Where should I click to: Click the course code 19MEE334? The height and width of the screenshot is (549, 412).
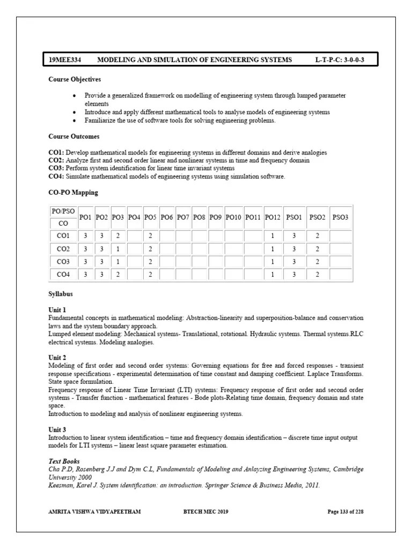63,60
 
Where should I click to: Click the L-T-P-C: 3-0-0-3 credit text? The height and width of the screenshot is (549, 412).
340,60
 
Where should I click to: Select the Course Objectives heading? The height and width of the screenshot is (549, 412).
75,79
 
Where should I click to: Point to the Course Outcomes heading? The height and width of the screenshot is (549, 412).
73,137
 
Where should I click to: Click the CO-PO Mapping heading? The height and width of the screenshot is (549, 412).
73,192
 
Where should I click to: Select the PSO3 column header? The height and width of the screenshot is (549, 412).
340,217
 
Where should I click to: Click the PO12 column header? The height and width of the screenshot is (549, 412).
273,217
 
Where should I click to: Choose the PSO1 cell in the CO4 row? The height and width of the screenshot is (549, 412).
294,274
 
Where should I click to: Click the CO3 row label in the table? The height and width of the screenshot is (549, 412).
63,262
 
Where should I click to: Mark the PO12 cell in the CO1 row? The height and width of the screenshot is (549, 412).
273,236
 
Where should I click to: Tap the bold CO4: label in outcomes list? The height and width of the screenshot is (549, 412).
56,176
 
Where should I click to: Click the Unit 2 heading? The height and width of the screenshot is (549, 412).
57,357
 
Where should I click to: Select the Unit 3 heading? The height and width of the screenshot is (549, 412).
57,430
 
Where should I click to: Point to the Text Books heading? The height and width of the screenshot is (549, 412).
64,461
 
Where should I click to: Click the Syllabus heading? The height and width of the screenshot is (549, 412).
60,294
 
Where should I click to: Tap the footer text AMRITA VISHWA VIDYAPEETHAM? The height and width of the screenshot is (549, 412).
94,512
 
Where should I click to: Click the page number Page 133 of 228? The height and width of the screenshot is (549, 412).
345,512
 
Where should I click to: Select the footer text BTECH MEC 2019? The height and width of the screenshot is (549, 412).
205,512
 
